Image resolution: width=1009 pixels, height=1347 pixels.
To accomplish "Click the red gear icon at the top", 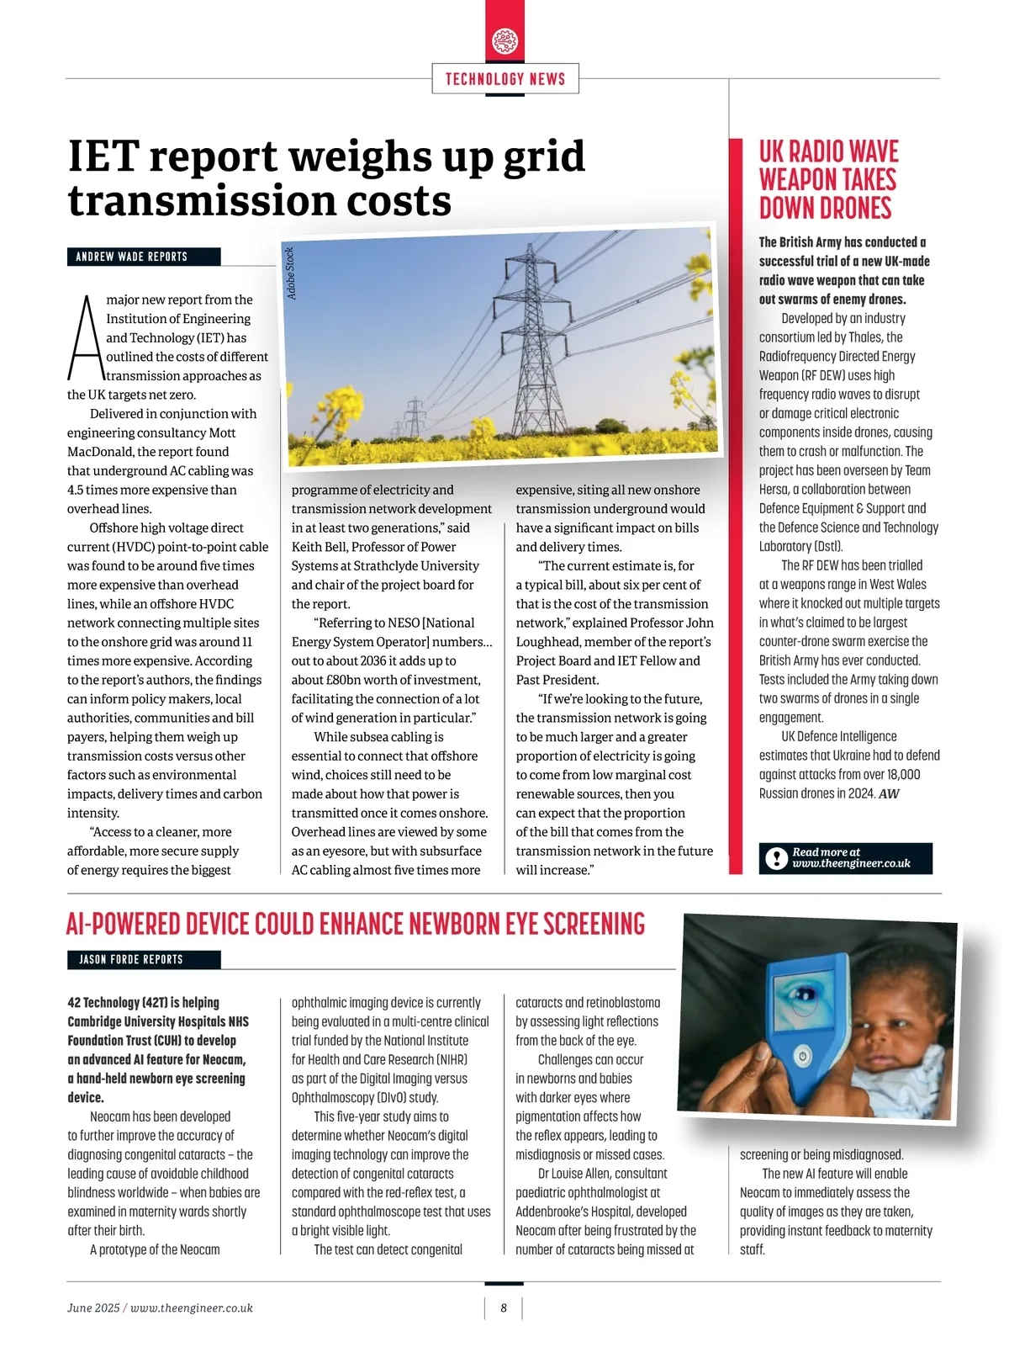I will pos(504,40).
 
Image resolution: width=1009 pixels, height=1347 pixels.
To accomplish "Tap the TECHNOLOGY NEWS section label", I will pos(504,79).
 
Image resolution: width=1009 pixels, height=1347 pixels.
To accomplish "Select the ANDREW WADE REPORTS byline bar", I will pos(143,257).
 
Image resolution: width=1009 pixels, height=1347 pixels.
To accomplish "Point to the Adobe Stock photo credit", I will pos(291,273).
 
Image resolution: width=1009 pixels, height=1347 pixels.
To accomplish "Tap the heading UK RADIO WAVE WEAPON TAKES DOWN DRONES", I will pos(828,180).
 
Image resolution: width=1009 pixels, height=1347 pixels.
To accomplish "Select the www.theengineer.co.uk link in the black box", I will pos(851,864).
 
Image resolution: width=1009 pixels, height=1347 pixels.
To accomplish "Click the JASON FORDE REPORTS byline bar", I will pos(143,959).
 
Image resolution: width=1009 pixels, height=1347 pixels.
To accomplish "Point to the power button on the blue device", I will pos(803,1055).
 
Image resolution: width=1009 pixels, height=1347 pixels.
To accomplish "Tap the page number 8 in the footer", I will pos(504,1308).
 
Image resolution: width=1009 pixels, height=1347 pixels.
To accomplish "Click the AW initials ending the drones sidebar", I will pos(889,794).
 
